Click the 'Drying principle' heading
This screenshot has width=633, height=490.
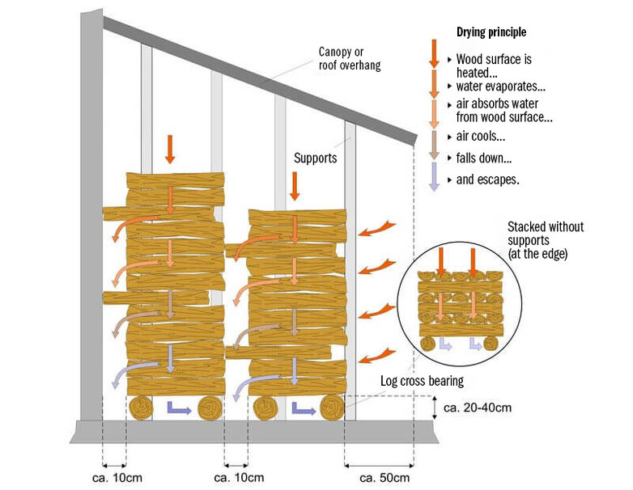[x=491, y=32]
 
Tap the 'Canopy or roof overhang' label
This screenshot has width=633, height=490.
[x=350, y=58]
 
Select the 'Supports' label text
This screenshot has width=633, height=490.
[x=316, y=158]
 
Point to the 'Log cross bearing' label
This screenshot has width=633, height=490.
[x=422, y=381]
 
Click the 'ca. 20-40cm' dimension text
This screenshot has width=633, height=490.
[x=478, y=408]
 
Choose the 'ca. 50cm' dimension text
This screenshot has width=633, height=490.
[x=384, y=478]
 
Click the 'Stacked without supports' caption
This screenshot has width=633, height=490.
[x=546, y=240]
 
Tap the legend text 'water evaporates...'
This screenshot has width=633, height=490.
[x=501, y=87]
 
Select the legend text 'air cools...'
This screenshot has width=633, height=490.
[x=480, y=137]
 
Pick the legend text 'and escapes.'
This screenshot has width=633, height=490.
[x=487, y=180]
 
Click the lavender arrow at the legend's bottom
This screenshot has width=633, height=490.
[x=434, y=176]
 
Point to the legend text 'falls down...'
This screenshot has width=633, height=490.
[x=484, y=158]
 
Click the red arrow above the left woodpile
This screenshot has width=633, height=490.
[x=170, y=150]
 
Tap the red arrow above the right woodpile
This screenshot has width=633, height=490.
[x=295, y=186]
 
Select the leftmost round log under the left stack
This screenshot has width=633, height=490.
[x=141, y=408]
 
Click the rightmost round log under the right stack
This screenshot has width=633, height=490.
[x=332, y=408]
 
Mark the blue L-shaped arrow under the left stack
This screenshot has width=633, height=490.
[x=178, y=409]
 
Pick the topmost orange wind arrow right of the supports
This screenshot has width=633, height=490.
[x=377, y=228]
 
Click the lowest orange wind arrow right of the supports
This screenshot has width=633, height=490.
[x=377, y=355]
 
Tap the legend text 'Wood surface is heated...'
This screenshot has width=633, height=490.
[x=494, y=65]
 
